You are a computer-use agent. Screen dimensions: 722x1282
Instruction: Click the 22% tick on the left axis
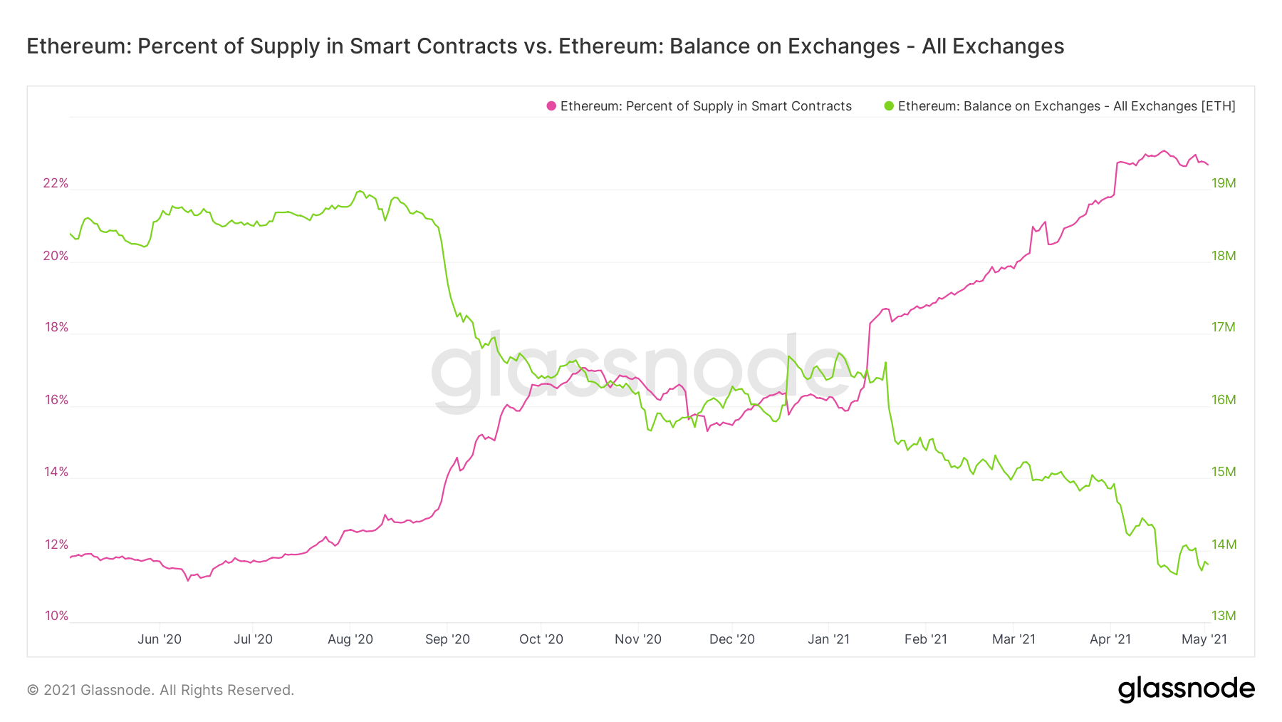tap(56, 183)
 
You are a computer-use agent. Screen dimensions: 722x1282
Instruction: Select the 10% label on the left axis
tap(56, 616)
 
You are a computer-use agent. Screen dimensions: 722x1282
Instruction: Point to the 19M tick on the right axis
tap(1224, 183)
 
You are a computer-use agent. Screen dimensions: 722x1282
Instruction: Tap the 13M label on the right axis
tap(1224, 616)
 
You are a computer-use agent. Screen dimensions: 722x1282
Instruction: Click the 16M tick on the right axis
tap(1224, 400)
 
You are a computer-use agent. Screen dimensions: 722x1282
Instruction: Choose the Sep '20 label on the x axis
tap(447, 639)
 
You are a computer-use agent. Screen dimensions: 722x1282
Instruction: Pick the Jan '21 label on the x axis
tap(828, 639)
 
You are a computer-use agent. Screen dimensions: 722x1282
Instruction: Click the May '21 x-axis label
tap(1204, 639)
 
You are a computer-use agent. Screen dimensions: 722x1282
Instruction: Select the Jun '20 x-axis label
tap(160, 639)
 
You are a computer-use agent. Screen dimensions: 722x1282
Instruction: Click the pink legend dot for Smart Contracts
tap(551, 106)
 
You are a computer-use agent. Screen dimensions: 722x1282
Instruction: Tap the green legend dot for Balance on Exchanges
tap(889, 106)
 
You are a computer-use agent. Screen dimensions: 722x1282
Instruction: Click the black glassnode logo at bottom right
tap(1186, 689)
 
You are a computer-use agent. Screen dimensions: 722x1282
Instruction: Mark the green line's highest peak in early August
tap(360, 191)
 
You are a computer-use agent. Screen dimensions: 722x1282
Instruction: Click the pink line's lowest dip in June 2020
tap(188, 580)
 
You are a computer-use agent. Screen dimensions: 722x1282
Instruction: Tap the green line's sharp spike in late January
tap(885, 362)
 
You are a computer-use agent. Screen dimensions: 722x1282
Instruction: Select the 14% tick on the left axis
tap(56, 472)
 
